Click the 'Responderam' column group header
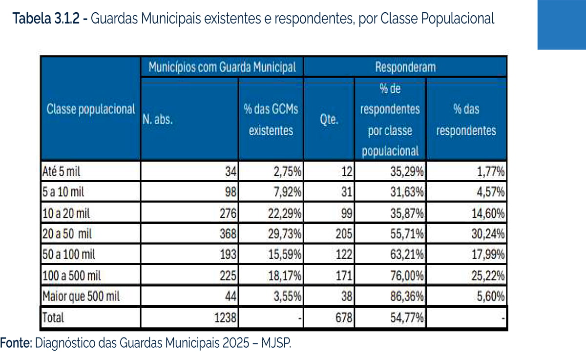click(405, 67)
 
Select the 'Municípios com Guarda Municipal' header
click(222, 67)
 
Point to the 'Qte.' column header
click(329, 120)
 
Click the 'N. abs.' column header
click(158, 120)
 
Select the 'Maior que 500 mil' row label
click(81, 296)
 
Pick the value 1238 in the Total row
click(225, 318)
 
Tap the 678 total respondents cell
click(342, 318)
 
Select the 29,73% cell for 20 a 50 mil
click(285, 234)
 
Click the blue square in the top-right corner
click(562, 24)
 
